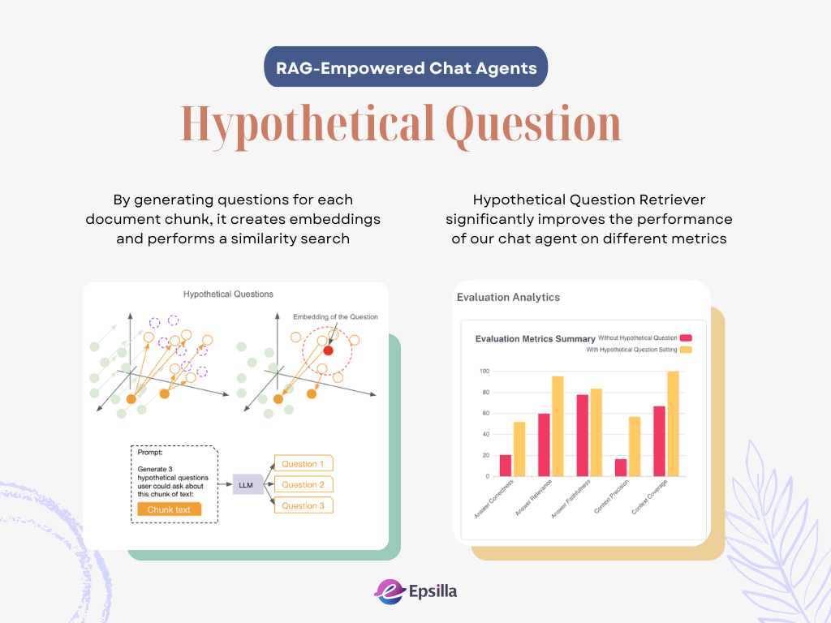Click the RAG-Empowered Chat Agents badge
point(406,67)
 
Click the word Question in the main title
point(533,126)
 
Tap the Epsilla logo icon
point(390,591)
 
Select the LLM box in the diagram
point(248,485)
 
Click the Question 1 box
point(304,463)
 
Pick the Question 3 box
point(304,505)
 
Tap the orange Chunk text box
point(169,509)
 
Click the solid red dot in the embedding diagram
point(328,350)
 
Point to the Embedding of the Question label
point(335,317)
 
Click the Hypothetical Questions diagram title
point(228,294)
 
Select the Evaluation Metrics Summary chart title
point(535,339)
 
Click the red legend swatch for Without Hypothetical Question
point(686,338)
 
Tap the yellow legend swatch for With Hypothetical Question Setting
point(686,350)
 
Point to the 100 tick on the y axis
point(484,371)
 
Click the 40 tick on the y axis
point(486,435)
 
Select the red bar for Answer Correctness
point(506,466)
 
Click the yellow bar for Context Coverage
point(673,423)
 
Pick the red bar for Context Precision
point(621,467)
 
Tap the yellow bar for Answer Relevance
point(558,426)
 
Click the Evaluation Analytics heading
point(508,297)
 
